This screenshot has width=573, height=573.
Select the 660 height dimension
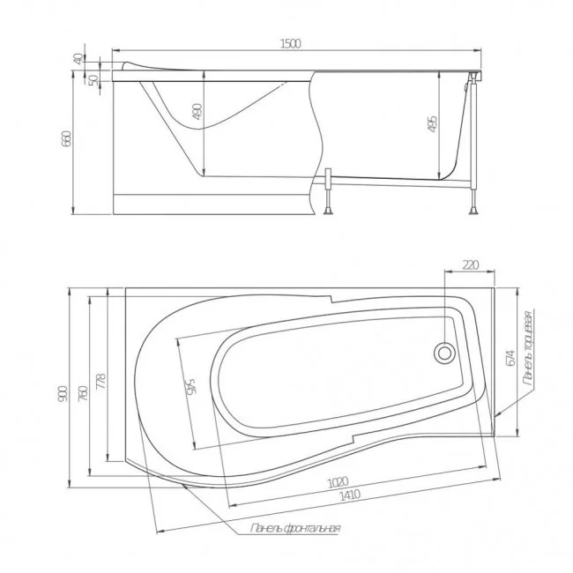click(x=67, y=139)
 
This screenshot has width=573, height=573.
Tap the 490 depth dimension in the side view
click(x=197, y=112)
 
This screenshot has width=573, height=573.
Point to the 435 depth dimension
click(x=432, y=124)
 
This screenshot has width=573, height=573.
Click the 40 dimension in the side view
click(x=79, y=58)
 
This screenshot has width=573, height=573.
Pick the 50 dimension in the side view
click(x=94, y=79)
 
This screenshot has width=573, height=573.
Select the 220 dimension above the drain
click(x=469, y=263)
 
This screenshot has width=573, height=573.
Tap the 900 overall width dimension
click(x=61, y=397)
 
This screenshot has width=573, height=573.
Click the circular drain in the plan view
click(x=443, y=353)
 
